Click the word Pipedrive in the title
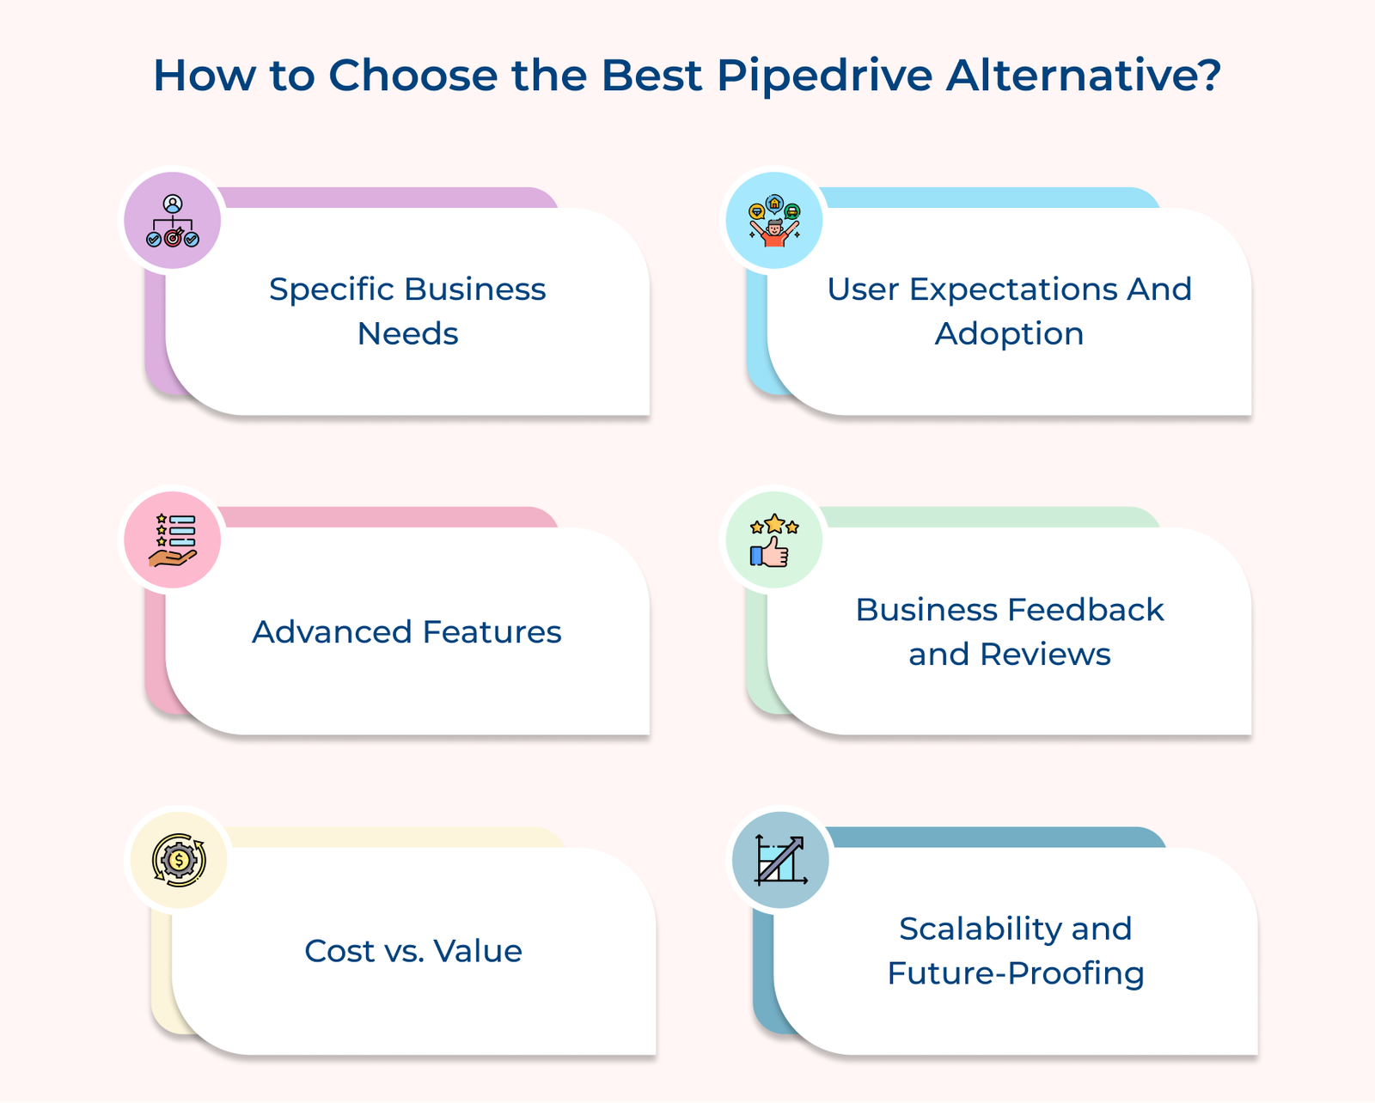825,76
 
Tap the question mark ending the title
1209,74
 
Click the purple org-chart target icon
173,221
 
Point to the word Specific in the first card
331,290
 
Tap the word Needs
407,334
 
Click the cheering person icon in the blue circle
774,221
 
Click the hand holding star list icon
173,540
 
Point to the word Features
492,632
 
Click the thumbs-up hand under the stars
770,551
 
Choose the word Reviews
1045,655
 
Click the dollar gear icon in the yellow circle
179,860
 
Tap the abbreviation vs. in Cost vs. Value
403,953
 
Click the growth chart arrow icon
781,860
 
